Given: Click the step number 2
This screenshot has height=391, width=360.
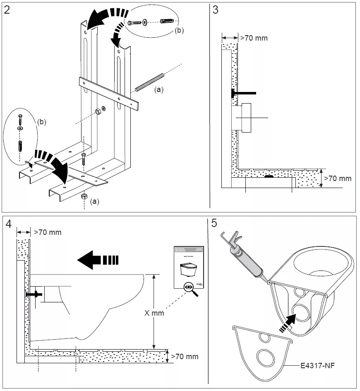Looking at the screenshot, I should (x=7, y=10).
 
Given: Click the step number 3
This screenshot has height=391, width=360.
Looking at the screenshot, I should (x=215, y=10).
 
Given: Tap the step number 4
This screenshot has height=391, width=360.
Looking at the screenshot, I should (x=9, y=224).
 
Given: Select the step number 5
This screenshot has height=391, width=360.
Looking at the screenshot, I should (x=214, y=223).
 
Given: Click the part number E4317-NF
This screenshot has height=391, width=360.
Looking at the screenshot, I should (x=320, y=365).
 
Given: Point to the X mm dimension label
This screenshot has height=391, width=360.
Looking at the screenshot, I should (x=154, y=313).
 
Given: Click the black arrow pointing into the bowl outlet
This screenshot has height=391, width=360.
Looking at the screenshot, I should (x=290, y=321).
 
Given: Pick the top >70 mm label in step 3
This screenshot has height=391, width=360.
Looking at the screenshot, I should (x=254, y=38).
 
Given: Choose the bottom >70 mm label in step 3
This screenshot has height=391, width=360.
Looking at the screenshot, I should (x=338, y=179).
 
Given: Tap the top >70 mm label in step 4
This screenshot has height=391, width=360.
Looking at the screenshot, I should (x=47, y=232).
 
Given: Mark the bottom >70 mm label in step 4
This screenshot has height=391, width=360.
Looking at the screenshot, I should (x=185, y=356).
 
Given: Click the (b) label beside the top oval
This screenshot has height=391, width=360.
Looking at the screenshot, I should (x=179, y=30).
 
